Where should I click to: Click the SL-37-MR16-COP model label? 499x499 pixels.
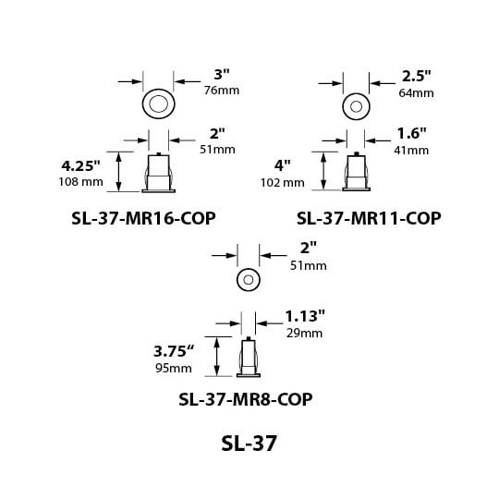(143, 218)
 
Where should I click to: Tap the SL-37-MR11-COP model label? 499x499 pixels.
(369, 218)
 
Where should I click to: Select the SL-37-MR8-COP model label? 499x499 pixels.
(246, 399)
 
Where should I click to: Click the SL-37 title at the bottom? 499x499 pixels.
(249, 444)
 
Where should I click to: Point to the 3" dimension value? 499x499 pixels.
(222, 75)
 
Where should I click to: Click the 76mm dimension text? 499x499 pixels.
(222, 91)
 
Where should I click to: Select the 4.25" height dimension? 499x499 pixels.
(80, 165)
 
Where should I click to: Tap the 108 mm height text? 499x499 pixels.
(80, 182)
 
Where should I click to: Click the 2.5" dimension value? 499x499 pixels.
(416, 76)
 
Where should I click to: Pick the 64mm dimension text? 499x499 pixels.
(416, 93)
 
